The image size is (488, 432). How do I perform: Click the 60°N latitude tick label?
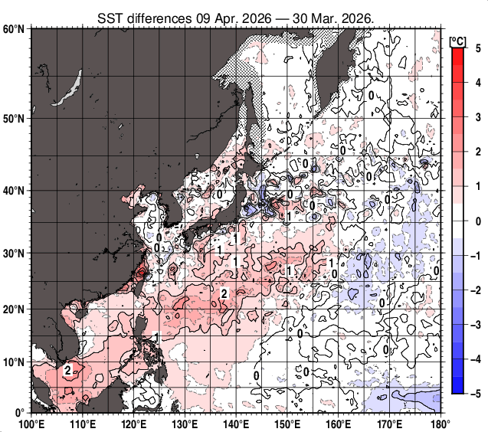click(x=14, y=29)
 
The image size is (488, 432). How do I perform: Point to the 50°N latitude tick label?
click(x=14, y=119)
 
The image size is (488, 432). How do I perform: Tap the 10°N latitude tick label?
click(x=14, y=362)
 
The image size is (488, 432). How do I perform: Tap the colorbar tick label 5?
click(x=477, y=48)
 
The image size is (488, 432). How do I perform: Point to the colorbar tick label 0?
click(x=477, y=221)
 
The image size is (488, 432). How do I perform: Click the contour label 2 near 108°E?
click(x=68, y=371)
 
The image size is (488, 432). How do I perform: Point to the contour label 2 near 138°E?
click(x=224, y=293)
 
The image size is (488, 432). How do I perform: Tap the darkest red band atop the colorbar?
click(x=457, y=53)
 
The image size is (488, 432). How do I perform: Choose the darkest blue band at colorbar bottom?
click(x=457, y=388)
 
